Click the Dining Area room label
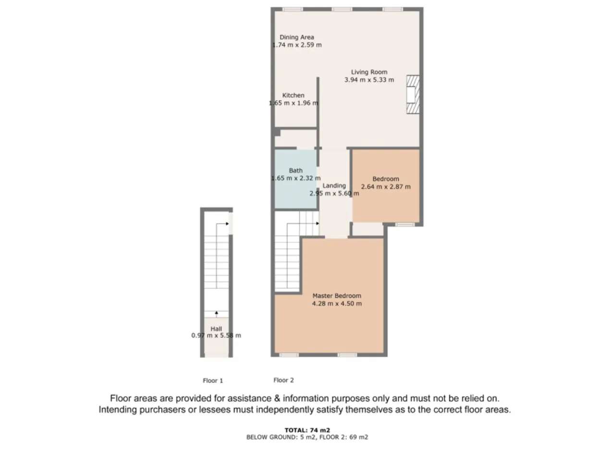coord(297,38)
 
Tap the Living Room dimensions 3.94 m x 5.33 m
coord(369,80)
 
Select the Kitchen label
coord(293,95)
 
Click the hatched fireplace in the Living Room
coord(413,95)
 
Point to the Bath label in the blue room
coord(295,171)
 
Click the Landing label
coord(334,186)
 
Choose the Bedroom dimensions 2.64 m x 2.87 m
coord(386,187)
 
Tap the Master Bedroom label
coord(337,296)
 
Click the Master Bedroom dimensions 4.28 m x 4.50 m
coord(337,304)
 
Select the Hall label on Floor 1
coord(216,329)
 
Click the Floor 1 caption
coord(213,381)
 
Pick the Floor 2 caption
coord(283,380)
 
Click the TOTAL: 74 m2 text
coord(307,430)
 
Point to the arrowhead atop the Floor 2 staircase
coord(318,224)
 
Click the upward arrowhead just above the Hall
coord(216,313)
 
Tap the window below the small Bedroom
coord(405,225)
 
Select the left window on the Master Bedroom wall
coord(289,355)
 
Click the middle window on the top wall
coord(342,9)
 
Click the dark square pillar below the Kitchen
coord(277,132)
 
